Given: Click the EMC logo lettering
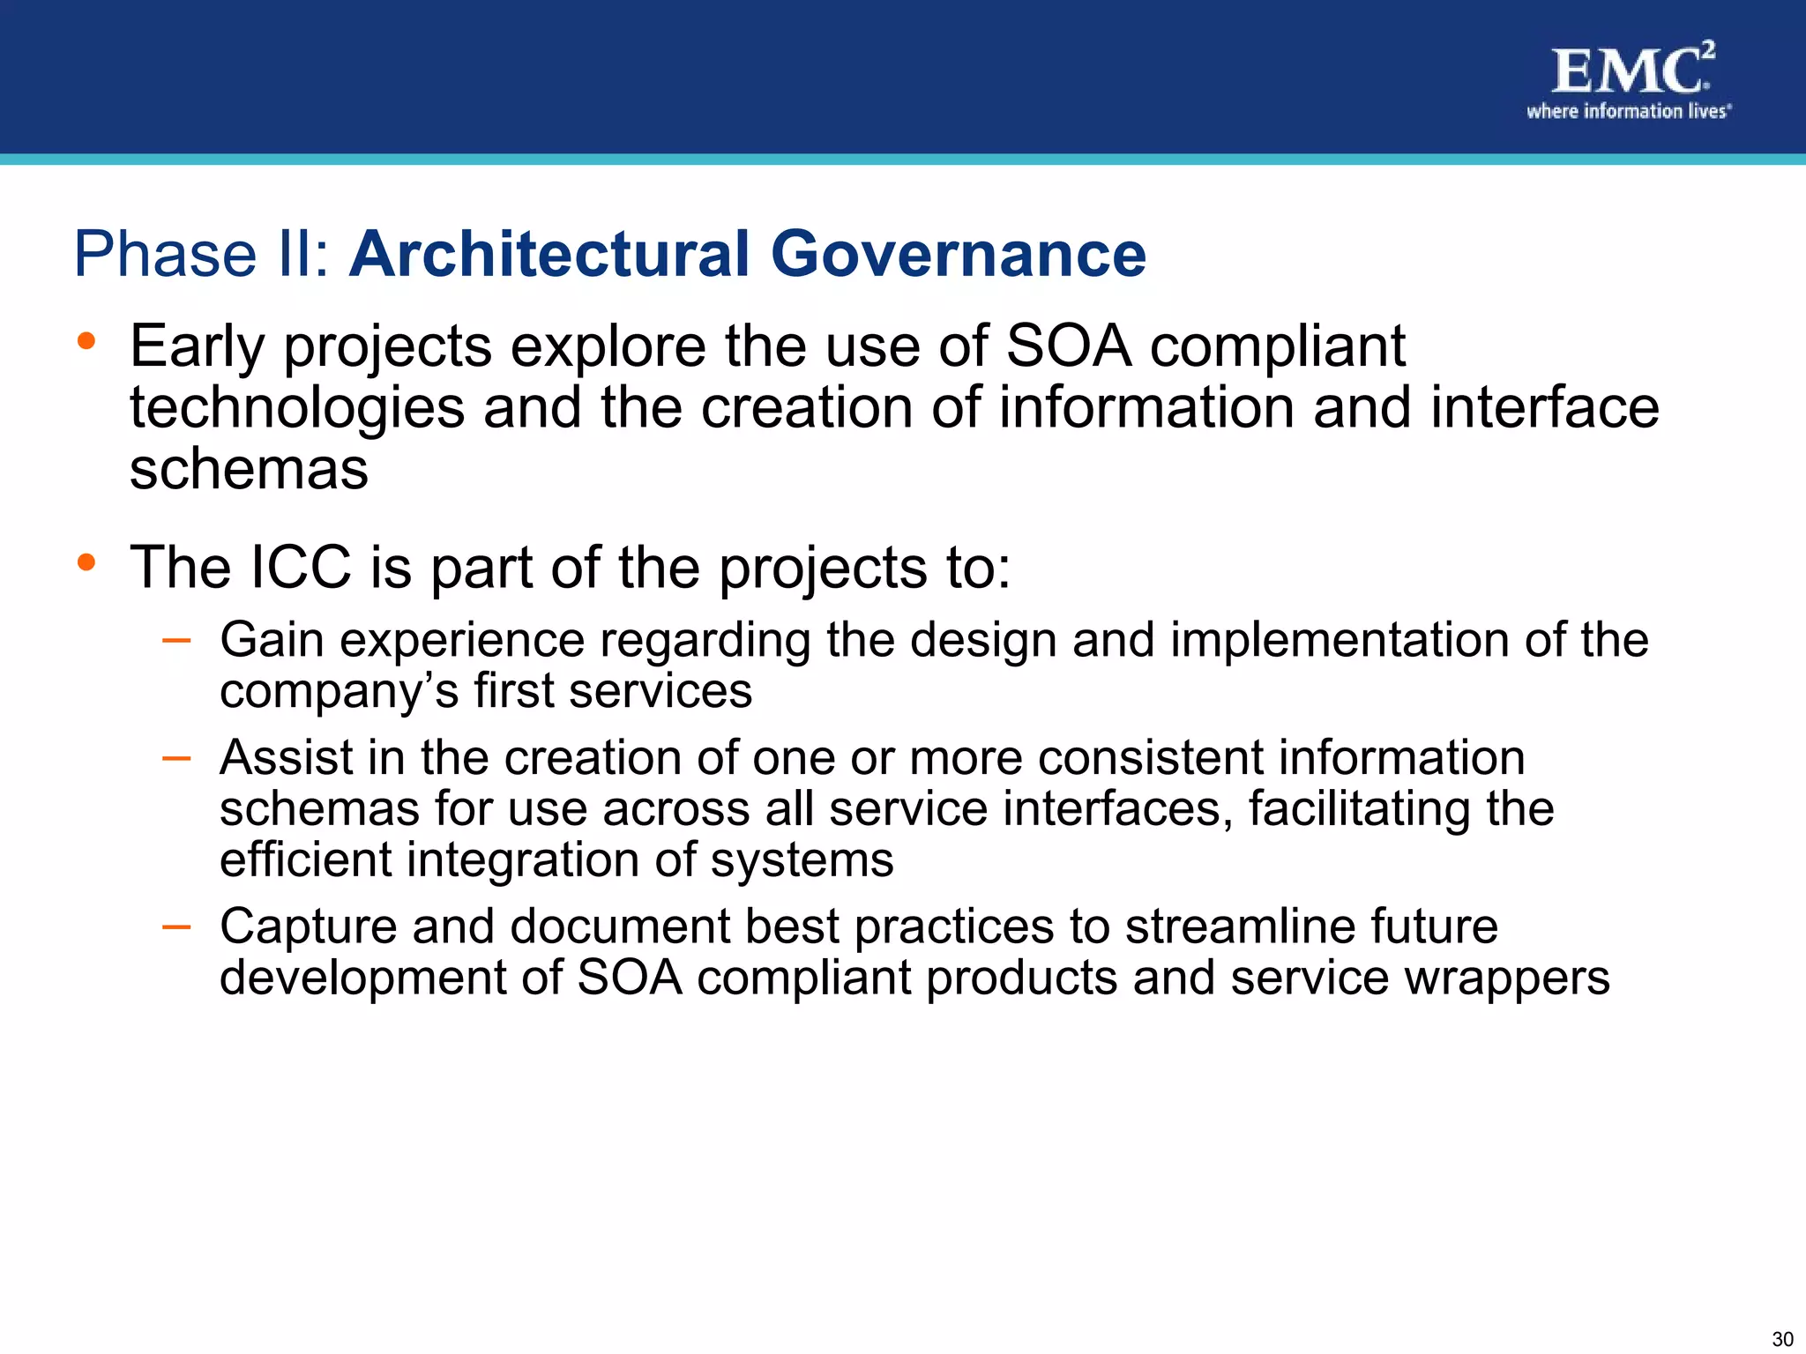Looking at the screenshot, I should (1627, 71).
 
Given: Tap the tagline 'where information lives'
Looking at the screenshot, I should (1628, 111).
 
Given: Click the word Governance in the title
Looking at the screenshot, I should (959, 254).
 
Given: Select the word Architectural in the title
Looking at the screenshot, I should (550, 254).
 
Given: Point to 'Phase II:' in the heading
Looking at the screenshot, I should (202, 254).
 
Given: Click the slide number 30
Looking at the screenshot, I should (1782, 1339).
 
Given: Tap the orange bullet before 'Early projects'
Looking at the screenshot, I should (86, 340).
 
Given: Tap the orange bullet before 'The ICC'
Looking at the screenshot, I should (86, 562).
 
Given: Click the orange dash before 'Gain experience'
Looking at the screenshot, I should (176, 641).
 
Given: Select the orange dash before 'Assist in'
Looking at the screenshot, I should (176, 758).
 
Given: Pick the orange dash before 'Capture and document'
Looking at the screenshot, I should (176, 926).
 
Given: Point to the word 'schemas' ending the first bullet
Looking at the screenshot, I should (249, 469).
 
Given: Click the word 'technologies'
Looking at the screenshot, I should (297, 409).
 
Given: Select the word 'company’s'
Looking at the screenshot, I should (339, 692).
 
